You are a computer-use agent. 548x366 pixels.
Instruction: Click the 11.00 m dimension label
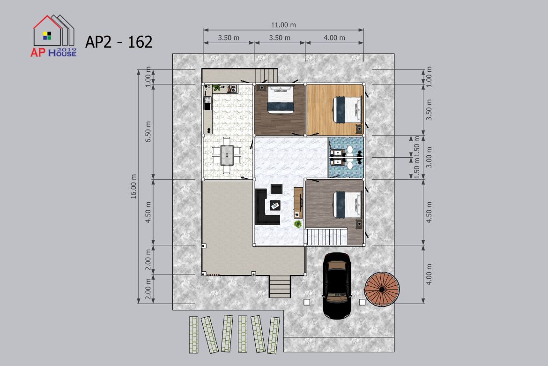coord(283,25)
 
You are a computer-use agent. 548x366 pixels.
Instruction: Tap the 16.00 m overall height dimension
coord(134,186)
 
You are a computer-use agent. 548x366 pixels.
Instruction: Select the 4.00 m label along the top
coord(334,38)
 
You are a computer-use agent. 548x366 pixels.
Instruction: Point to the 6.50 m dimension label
coord(148,132)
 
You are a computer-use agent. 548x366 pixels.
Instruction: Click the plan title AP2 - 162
coord(119,42)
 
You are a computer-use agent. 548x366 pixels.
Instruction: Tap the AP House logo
coord(53,36)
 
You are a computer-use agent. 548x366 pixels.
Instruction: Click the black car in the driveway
coord(337,285)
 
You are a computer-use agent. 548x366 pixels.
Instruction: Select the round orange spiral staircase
coord(382,289)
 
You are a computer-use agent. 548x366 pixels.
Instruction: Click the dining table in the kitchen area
coord(227,155)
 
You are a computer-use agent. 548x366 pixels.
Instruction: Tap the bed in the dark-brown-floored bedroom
coord(280,100)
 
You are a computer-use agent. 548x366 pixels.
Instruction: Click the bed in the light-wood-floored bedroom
coord(347,110)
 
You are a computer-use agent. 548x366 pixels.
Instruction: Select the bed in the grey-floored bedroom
coord(347,204)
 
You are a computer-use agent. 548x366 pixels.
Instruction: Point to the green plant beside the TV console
coord(298,224)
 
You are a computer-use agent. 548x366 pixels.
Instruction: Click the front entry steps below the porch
coord(280,287)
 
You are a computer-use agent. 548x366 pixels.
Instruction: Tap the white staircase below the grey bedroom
coord(326,237)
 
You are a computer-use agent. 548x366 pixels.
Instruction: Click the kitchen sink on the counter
coord(207,103)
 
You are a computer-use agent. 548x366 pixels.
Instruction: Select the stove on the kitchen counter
coord(232,89)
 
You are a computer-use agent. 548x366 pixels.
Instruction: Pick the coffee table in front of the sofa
coord(275,205)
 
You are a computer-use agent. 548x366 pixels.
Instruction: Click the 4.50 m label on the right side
coord(429,212)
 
